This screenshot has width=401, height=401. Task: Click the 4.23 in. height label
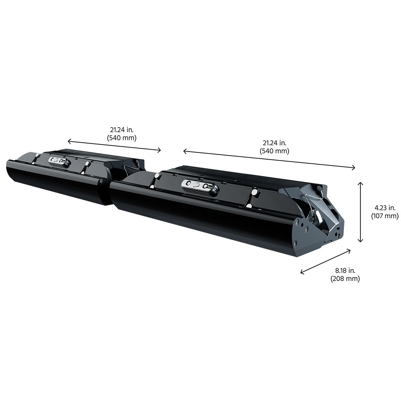click(385, 208)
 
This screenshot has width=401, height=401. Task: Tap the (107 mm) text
click(385, 216)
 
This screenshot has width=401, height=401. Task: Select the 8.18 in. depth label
click(345, 270)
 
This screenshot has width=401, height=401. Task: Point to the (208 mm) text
click(345, 278)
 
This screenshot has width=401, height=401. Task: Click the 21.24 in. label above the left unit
click(122, 130)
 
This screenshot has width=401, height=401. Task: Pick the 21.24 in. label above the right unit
click(274, 143)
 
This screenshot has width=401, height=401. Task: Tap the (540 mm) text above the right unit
click(274, 151)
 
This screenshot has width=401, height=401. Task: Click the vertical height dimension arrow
click(360, 212)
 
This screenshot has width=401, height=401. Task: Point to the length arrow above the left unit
click(114, 146)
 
